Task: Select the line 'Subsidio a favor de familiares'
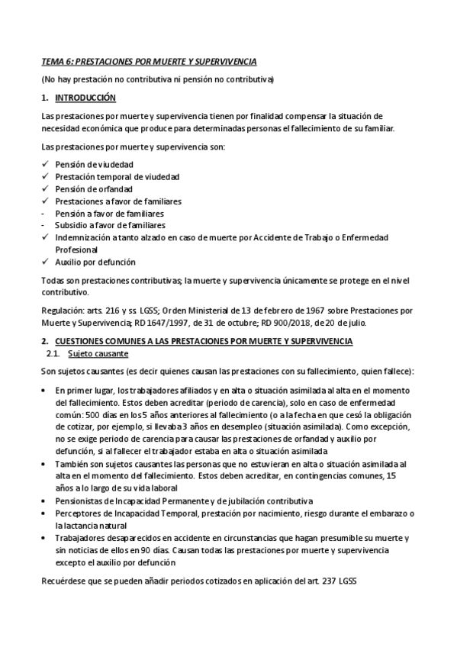click(x=110, y=225)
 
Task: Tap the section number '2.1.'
click(x=54, y=355)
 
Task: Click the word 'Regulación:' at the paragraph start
click(x=63, y=311)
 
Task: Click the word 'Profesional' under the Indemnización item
click(x=76, y=249)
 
